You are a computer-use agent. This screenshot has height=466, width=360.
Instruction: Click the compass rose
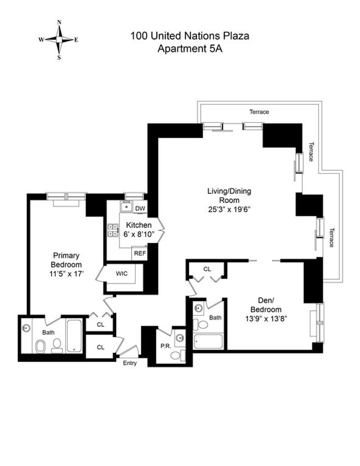point(59,40)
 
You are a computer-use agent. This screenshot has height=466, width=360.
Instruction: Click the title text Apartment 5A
point(189,49)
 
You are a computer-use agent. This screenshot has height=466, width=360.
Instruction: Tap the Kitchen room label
point(139,225)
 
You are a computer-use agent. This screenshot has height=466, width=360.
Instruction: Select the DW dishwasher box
point(140,208)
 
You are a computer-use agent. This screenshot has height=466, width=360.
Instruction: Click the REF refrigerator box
point(139,253)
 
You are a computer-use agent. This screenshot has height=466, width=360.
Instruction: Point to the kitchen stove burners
point(113,230)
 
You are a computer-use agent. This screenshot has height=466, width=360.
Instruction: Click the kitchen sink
point(126,206)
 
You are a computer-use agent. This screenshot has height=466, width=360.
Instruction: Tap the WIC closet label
point(121,273)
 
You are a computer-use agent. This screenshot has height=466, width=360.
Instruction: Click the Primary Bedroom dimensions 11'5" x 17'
point(66,273)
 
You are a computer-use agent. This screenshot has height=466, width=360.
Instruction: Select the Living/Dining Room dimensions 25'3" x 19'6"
point(229,209)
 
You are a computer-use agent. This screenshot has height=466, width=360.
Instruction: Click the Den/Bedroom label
point(266,305)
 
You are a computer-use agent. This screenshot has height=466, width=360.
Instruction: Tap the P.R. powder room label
point(166,346)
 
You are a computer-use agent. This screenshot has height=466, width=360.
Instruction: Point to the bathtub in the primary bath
point(74,336)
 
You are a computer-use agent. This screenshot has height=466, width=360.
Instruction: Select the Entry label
point(130,363)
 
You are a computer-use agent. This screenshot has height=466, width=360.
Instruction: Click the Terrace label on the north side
point(259,112)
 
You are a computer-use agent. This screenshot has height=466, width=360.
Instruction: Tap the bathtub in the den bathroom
point(208,341)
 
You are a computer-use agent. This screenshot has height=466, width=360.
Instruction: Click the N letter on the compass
point(59,22)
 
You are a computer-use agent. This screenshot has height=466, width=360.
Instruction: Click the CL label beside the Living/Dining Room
point(207,269)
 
